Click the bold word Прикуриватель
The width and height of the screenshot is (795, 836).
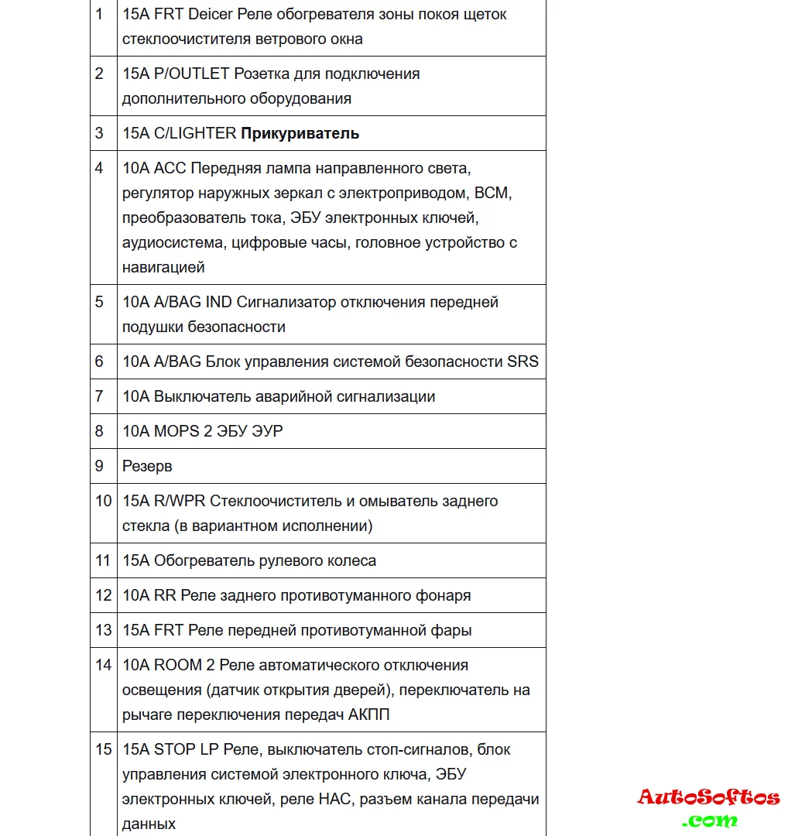(300, 133)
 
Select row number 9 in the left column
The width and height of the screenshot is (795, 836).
(99, 466)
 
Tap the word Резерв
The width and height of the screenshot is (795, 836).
(147, 466)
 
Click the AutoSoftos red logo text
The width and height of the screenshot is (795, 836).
(708, 797)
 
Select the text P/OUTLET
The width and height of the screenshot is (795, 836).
(191, 74)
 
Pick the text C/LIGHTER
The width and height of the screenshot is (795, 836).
(195, 133)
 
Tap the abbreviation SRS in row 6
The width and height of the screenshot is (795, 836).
(523, 361)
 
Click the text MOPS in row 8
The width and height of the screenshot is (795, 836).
(176, 431)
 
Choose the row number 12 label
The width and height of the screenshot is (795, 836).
(103, 595)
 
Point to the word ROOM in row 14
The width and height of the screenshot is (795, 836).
(178, 665)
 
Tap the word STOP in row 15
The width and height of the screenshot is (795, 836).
(173, 749)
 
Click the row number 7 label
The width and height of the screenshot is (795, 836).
(99, 396)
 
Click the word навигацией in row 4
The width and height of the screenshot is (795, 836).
(163, 267)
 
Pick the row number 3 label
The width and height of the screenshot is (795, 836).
(99, 133)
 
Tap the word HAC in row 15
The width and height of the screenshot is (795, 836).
(334, 799)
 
